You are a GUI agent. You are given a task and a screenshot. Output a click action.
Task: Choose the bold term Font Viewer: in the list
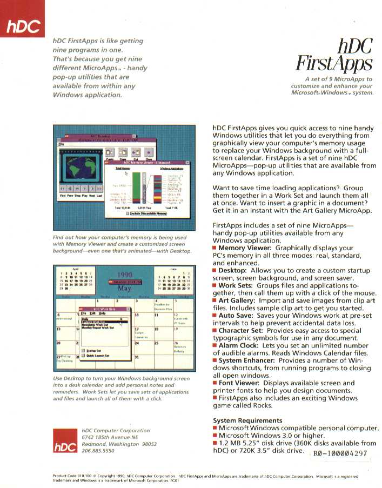pos(239,383)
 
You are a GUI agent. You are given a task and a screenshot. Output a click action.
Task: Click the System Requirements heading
pos(247,420)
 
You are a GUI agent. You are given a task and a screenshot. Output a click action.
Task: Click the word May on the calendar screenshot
pos(125,289)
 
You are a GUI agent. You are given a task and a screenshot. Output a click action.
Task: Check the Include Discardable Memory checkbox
pos(128,213)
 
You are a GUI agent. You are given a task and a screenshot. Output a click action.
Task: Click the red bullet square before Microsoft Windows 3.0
pos(215,436)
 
